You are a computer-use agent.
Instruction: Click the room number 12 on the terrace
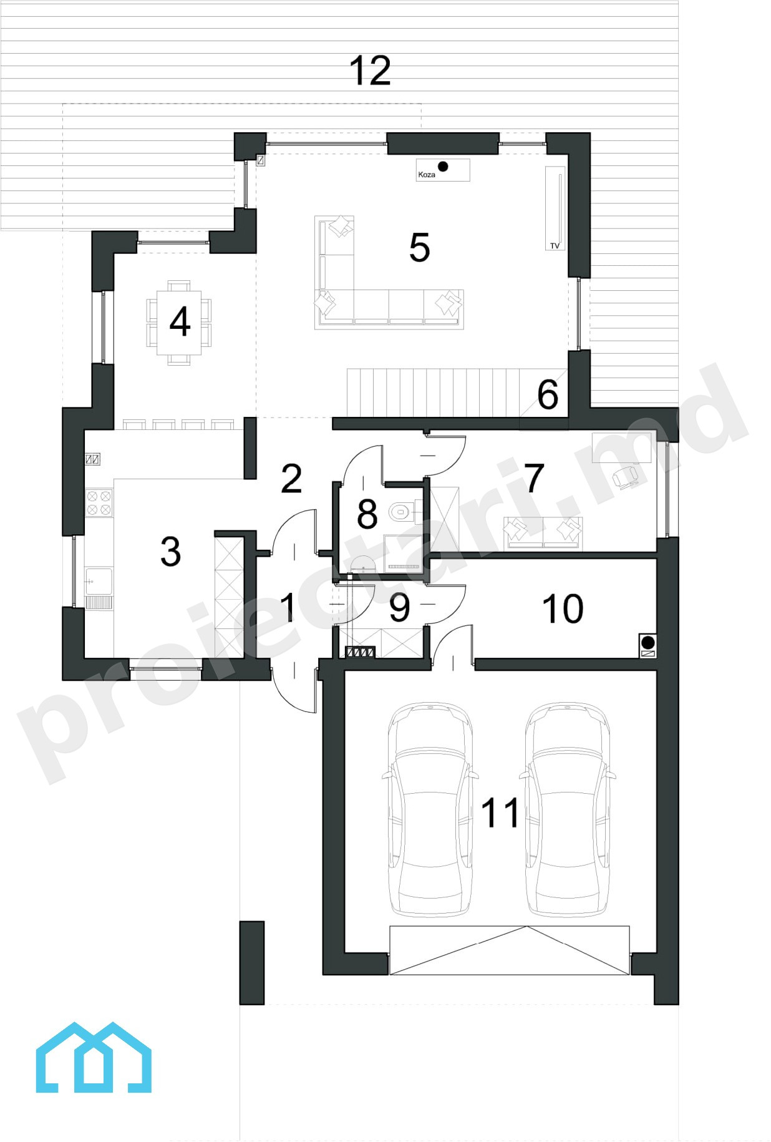[370, 71]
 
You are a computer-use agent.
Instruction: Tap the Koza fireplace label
[427, 175]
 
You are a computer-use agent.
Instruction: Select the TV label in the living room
[555, 246]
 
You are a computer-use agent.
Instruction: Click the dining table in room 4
[179, 323]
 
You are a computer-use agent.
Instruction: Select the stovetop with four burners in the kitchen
[99, 503]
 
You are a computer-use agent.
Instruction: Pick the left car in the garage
[430, 809]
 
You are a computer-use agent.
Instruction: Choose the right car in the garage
[567, 809]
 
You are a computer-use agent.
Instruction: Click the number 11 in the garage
[500, 813]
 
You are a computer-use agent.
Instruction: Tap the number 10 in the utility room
[562, 609]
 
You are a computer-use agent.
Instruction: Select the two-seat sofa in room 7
[543, 533]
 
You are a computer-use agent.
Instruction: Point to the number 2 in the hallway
[291, 479]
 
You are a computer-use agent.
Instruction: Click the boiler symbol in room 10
[648, 646]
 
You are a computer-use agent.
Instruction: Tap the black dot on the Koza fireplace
[443, 167]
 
